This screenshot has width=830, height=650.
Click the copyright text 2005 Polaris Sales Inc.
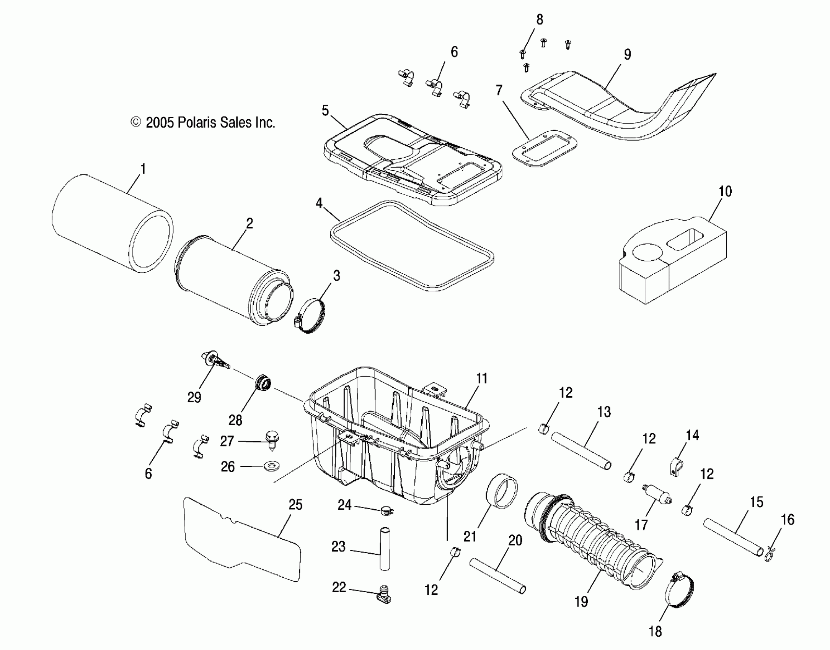[x=203, y=123]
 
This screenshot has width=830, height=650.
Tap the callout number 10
[x=725, y=192]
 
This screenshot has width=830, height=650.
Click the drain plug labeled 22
[x=384, y=596]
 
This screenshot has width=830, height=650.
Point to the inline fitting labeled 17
[x=656, y=495]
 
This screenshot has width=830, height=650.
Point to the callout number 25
[x=295, y=505]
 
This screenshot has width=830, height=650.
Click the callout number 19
[x=581, y=601]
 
